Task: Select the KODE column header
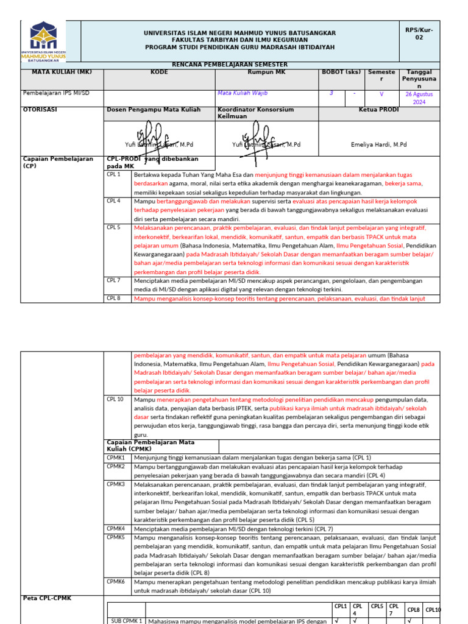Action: click(159, 71)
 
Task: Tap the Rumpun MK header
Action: click(266, 71)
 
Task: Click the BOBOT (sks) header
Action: click(341, 71)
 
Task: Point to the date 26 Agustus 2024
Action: click(419, 98)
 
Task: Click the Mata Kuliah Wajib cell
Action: click(243, 93)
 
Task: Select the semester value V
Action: click(381, 94)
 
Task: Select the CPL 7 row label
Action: click(113, 280)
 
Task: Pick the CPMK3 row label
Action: click(116, 483)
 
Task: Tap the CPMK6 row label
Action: click(116, 581)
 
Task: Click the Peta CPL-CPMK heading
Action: click(47, 598)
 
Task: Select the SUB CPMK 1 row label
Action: click(126, 620)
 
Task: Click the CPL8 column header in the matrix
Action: click(413, 609)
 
